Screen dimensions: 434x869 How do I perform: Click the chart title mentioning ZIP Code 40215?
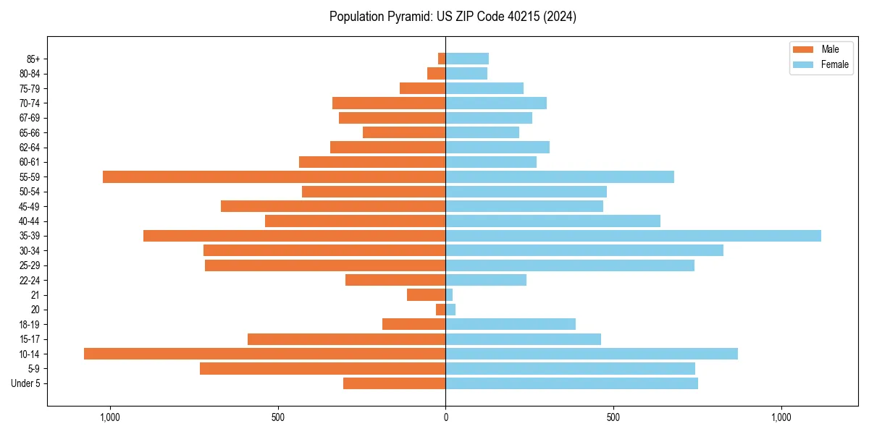coord(453,17)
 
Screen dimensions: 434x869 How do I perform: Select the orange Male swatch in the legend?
coord(803,49)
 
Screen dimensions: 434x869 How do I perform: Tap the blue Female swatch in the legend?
coord(803,64)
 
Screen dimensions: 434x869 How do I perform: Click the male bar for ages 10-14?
coord(264,354)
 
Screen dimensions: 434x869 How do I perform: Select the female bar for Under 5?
coord(571,383)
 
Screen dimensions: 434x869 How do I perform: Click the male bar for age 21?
coord(427,295)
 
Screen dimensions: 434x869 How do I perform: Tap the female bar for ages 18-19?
coord(511,324)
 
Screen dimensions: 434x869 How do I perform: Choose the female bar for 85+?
coord(467,59)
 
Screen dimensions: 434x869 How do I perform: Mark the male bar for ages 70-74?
coord(389,103)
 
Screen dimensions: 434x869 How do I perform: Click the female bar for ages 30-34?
coord(584,250)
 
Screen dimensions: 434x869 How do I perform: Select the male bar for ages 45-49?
coord(333,206)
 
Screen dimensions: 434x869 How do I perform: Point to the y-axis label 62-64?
coord(30,148)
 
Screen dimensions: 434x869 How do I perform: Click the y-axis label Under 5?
coord(26,383)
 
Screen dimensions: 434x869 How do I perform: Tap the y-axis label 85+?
coord(33,59)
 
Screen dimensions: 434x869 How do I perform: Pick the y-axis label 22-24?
coord(30,280)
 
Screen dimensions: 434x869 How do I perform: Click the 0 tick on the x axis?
coord(445,417)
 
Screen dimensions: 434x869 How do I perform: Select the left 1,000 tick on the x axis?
coord(110,417)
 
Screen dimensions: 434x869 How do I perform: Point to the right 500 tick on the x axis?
coord(613,417)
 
